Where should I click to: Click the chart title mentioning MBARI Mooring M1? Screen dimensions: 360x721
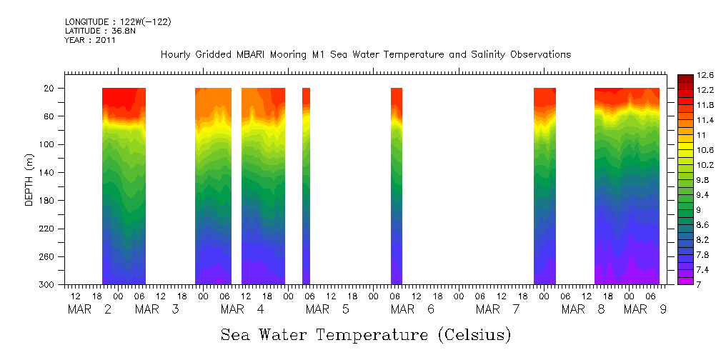(365, 54)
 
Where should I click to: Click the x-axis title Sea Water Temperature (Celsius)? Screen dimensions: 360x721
(365, 334)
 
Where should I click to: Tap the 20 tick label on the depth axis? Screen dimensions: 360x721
(50, 89)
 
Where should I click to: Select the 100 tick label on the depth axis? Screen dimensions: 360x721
(48, 144)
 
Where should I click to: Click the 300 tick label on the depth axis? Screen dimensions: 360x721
(48, 284)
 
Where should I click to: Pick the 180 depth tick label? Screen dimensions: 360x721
(48, 201)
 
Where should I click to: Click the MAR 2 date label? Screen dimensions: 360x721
(90, 309)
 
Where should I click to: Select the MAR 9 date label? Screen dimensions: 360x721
(646, 309)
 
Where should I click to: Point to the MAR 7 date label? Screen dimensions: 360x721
(498, 309)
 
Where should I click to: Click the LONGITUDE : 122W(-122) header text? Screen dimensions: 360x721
(118, 21)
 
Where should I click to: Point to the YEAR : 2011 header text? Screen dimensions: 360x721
(90, 40)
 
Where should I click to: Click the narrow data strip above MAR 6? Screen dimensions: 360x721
(397, 186)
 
